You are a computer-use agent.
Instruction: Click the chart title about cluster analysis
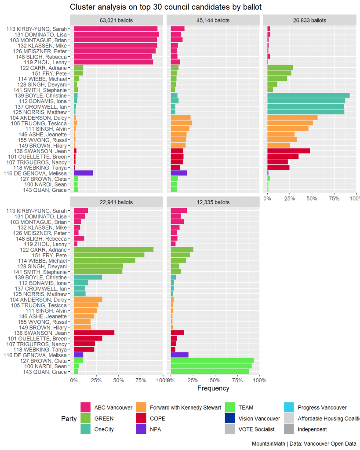coord(166,7)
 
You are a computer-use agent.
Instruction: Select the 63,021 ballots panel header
coord(116,20)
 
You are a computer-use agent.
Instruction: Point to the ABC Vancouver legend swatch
coord(85,408)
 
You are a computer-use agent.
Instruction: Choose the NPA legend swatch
coord(142,429)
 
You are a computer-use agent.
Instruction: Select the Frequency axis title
coord(213,388)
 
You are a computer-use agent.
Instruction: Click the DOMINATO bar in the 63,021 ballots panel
coord(116,34)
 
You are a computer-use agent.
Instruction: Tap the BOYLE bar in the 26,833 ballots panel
coord(308,95)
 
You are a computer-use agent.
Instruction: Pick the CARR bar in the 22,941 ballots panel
coord(114,249)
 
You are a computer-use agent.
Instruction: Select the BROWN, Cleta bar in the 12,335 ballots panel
coord(212,360)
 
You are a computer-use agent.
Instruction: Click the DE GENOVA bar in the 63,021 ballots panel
coord(84,173)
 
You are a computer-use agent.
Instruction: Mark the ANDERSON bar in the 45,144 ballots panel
coord(181,117)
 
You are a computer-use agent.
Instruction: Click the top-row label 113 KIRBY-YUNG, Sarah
coord(36,29)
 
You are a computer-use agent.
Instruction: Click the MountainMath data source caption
coord(304,444)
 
